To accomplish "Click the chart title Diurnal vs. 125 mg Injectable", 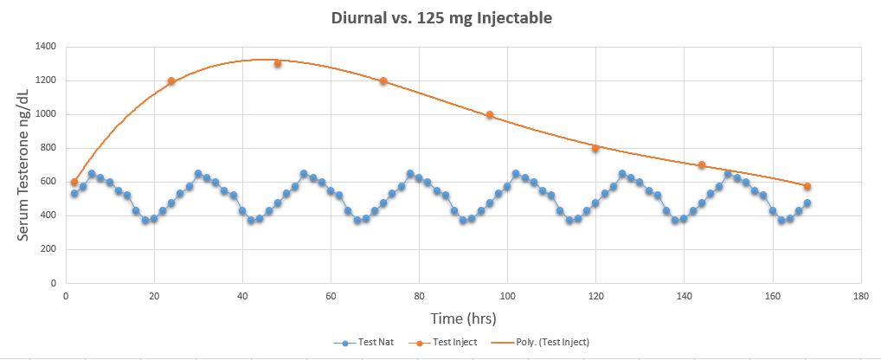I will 441,17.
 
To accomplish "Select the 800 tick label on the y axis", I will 48,148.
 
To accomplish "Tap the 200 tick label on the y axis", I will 48,249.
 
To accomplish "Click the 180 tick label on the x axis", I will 860,295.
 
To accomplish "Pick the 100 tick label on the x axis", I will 507,295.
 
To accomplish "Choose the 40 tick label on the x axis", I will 242,295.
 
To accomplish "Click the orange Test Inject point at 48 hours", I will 278,63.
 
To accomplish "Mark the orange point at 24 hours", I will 171,80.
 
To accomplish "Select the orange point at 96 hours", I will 490,114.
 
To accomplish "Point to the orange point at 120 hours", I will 595,148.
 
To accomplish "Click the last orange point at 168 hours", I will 807,186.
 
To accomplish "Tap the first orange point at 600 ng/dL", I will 74,182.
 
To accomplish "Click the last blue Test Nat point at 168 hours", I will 807,203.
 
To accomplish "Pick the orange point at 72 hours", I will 383,80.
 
